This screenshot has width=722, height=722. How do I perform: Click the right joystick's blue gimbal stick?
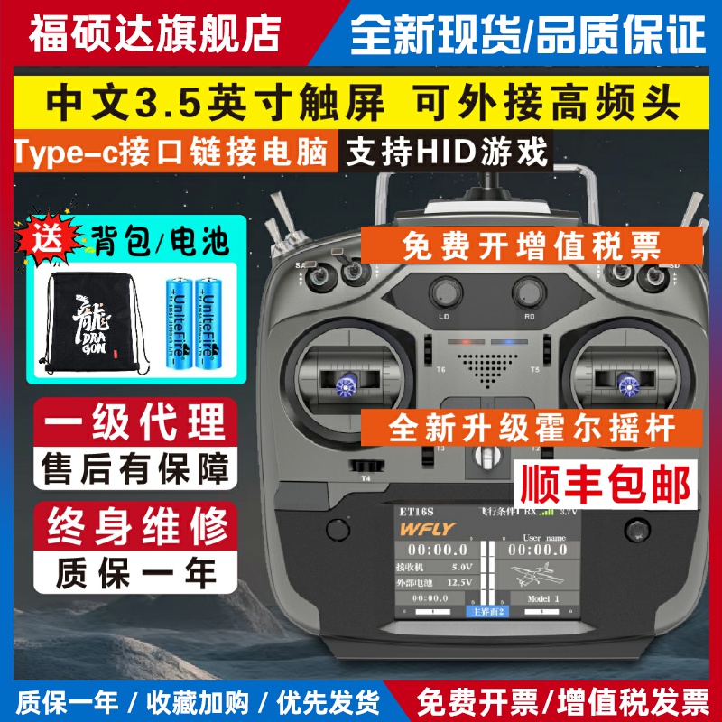click(625, 386)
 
